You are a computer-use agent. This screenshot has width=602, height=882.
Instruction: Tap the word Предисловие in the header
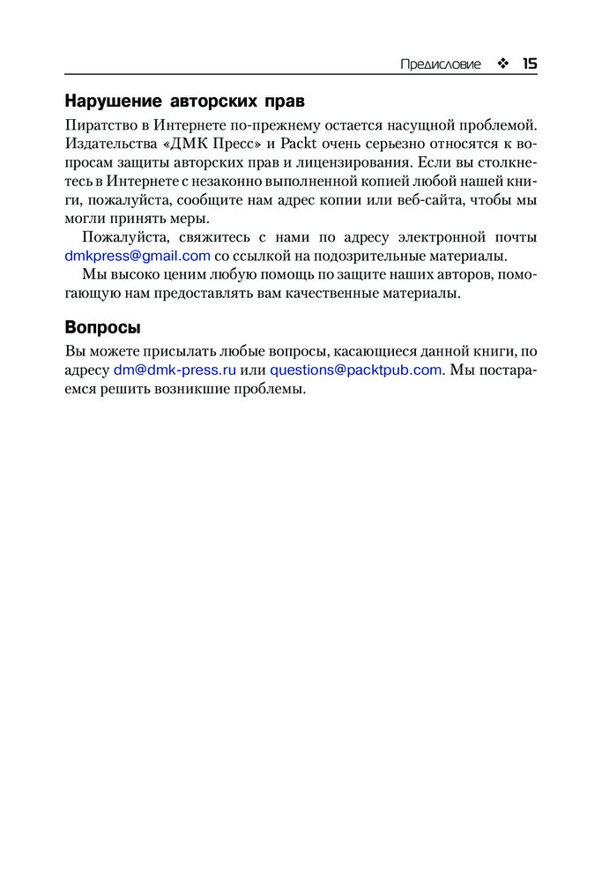[441, 64]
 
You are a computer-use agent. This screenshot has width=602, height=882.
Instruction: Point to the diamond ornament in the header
[502, 64]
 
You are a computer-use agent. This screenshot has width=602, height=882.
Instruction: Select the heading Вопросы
[102, 328]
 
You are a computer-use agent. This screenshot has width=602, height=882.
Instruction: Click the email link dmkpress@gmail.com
[137, 257]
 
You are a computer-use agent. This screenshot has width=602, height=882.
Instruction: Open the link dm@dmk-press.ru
[175, 370]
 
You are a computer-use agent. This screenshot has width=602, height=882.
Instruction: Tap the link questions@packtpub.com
[355, 370]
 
